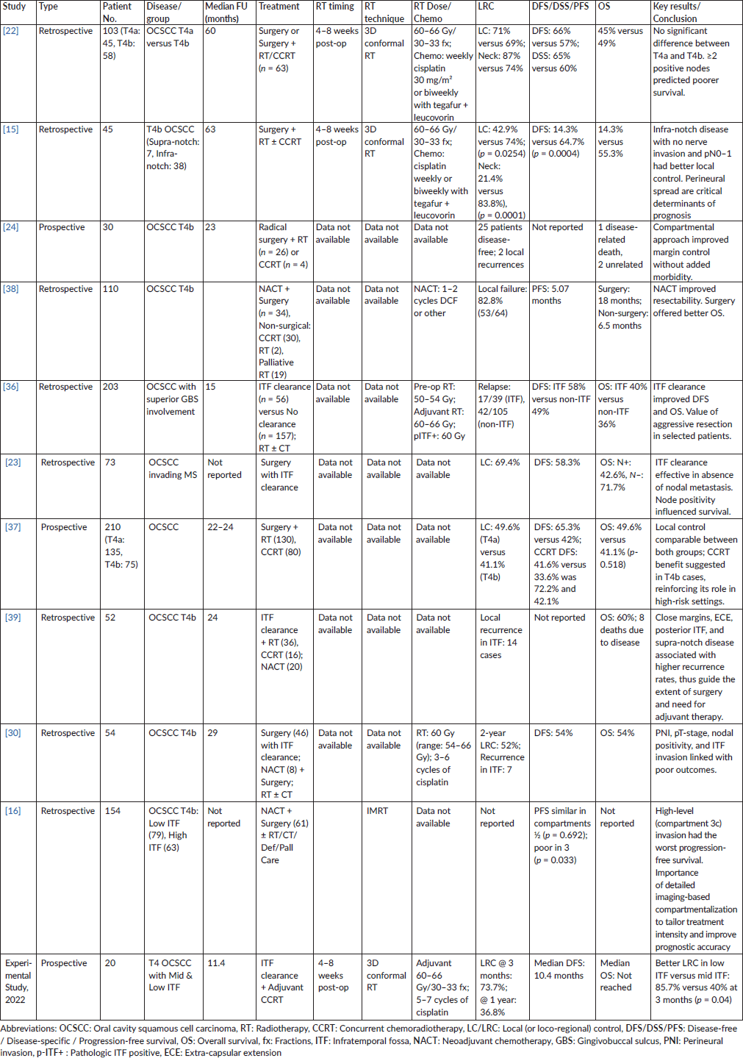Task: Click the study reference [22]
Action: [x=11, y=31]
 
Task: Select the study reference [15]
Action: [x=11, y=129]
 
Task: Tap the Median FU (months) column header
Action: [x=226, y=12]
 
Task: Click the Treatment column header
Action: [x=279, y=7]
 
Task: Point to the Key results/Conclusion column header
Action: [x=676, y=12]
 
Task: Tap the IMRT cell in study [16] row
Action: [x=378, y=811]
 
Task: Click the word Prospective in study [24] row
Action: [x=62, y=227]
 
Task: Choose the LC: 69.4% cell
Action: [x=500, y=462]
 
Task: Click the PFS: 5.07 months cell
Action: [x=550, y=295]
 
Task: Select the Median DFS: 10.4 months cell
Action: [x=559, y=969]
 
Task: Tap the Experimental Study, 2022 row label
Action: [x=18, y=981]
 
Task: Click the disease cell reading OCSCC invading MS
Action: [x=173, y=468]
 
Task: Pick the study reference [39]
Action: [x=13, y=618]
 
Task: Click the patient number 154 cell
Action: [x=112, y=811]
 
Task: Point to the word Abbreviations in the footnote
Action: [x=28, y=1029]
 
